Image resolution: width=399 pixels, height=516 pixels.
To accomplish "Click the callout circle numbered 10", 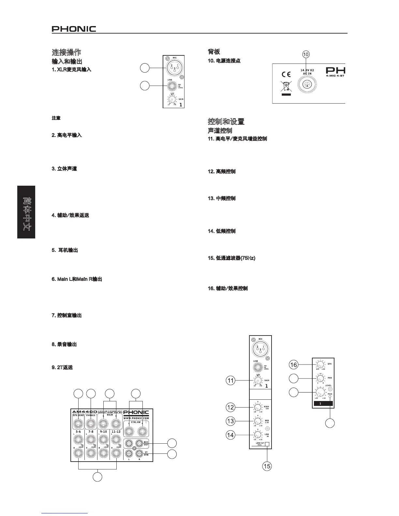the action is pos(305,54).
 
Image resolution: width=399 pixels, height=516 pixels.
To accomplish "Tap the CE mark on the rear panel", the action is pos(286,74).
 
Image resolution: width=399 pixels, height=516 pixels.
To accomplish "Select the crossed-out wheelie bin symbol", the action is pos(286,87).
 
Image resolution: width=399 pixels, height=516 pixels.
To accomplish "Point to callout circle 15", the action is pos(267,466).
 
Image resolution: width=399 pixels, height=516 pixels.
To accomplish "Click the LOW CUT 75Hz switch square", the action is pos(267,444).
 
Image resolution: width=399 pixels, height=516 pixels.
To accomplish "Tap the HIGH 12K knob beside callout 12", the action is pos(257,408).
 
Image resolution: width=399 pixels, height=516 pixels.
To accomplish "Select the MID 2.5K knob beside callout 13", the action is pos(257,421).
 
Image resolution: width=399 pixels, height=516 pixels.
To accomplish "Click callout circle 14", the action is pos(230,435).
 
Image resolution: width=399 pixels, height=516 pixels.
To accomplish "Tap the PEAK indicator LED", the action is pos(330,397).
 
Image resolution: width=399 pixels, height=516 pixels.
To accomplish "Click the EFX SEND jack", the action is pos(78,424).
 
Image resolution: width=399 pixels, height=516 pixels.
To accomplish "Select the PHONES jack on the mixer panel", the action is pos(91,424).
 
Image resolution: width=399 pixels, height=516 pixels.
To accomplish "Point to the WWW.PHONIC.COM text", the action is pos(136,418).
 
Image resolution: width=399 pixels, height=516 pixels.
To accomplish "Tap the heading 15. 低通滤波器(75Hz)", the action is pos(231,258).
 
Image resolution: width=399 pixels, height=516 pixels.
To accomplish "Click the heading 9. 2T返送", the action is pos(62,367).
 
